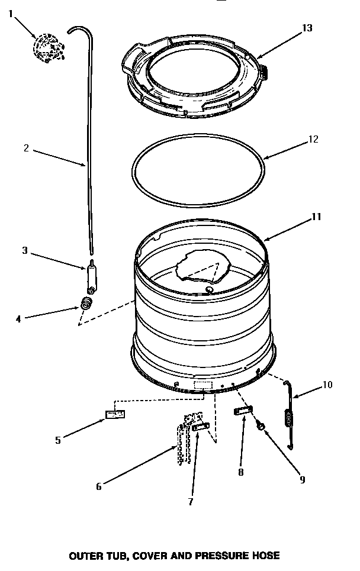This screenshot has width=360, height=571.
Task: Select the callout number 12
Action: (313, 140)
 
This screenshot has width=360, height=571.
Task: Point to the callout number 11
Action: (316, 217)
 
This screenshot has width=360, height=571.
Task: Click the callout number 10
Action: (327, 385)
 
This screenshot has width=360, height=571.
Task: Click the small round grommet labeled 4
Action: (88, 305)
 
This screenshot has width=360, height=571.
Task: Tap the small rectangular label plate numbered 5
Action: (115, 414)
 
